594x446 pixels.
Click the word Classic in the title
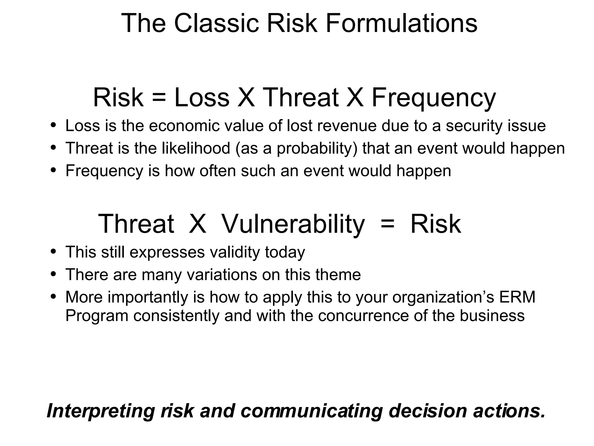(216, 23)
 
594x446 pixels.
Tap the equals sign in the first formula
(159, 98)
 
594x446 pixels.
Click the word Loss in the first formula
(202, 98)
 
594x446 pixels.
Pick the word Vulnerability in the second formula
(293, 224)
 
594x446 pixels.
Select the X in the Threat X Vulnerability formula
(198, 224)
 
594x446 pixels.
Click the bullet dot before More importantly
(53, 296)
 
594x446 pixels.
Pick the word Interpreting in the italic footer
(100, 411)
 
